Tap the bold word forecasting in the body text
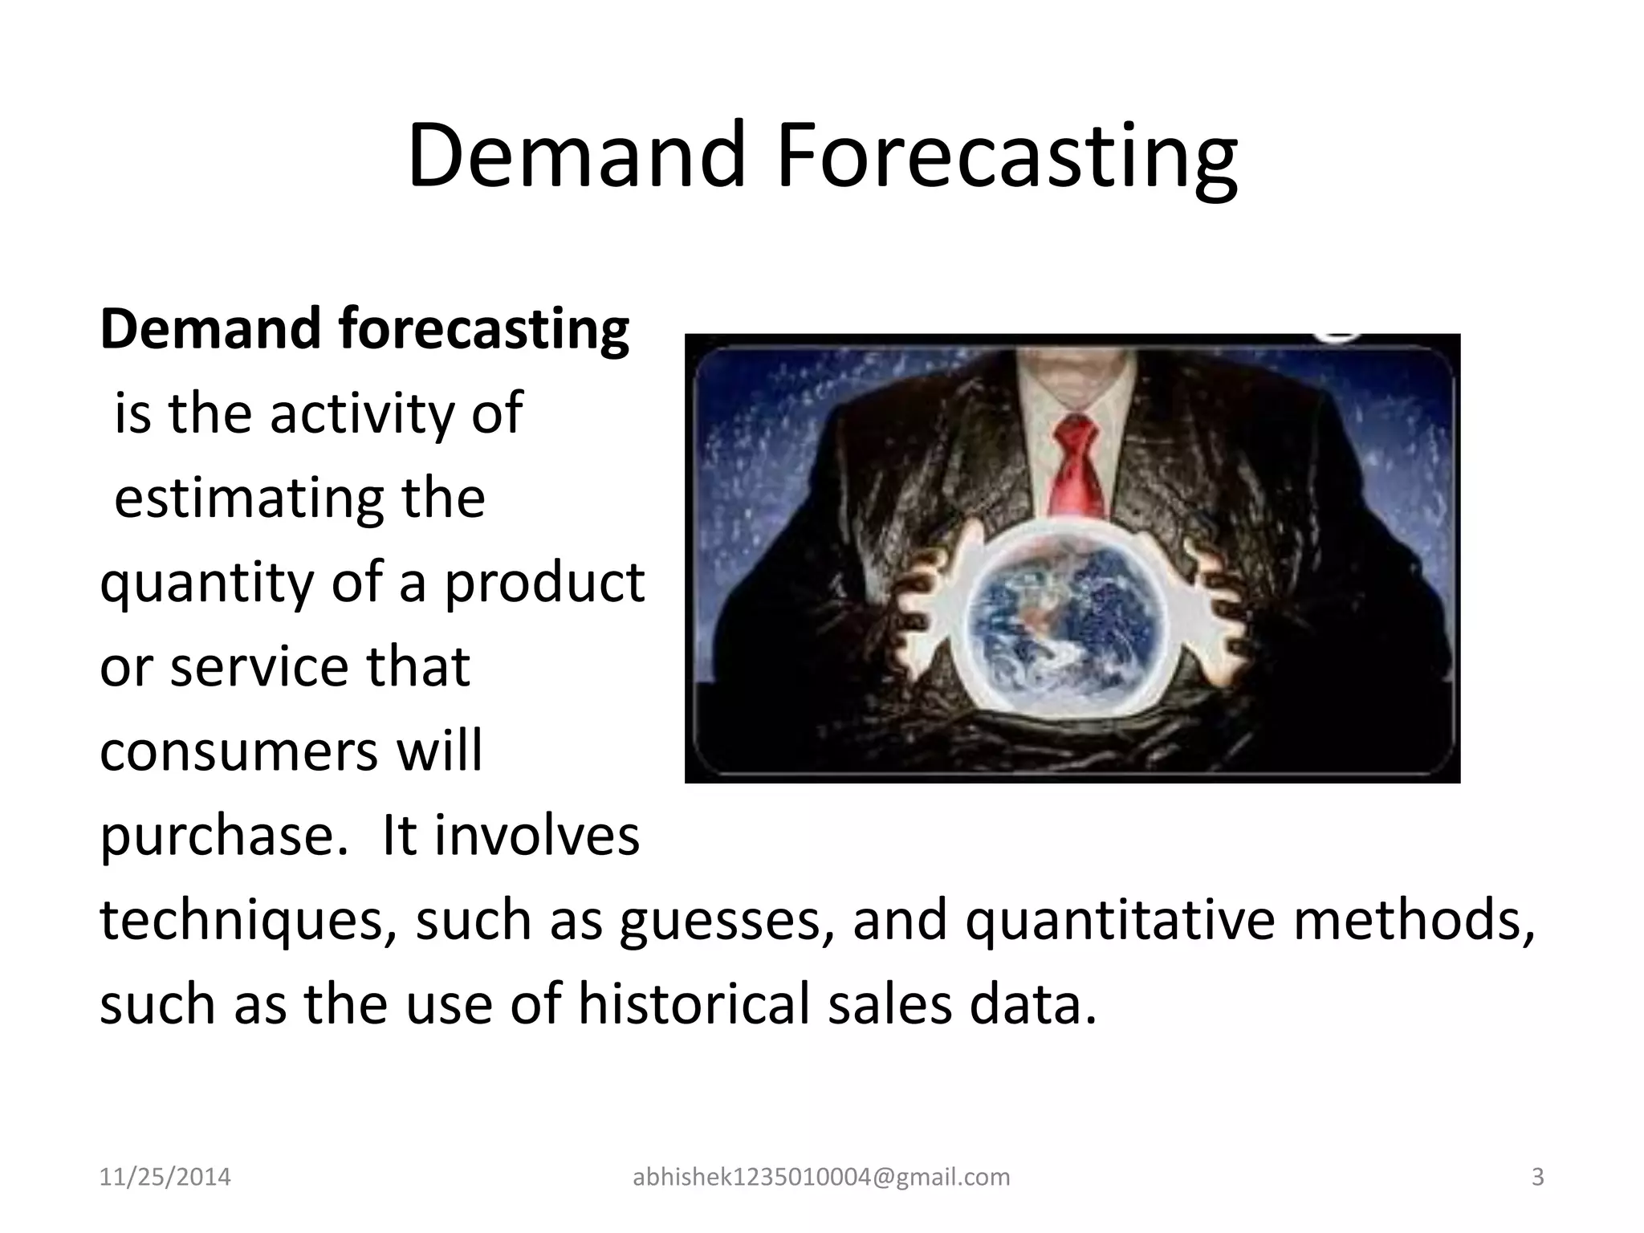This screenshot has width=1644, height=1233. point(484,330)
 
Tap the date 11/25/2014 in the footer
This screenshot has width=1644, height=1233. point(165,1178)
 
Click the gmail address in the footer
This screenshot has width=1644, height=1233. point(821,1178)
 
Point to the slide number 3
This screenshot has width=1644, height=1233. point(1537,1178)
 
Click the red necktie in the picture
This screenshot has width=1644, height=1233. point(1077,466)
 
